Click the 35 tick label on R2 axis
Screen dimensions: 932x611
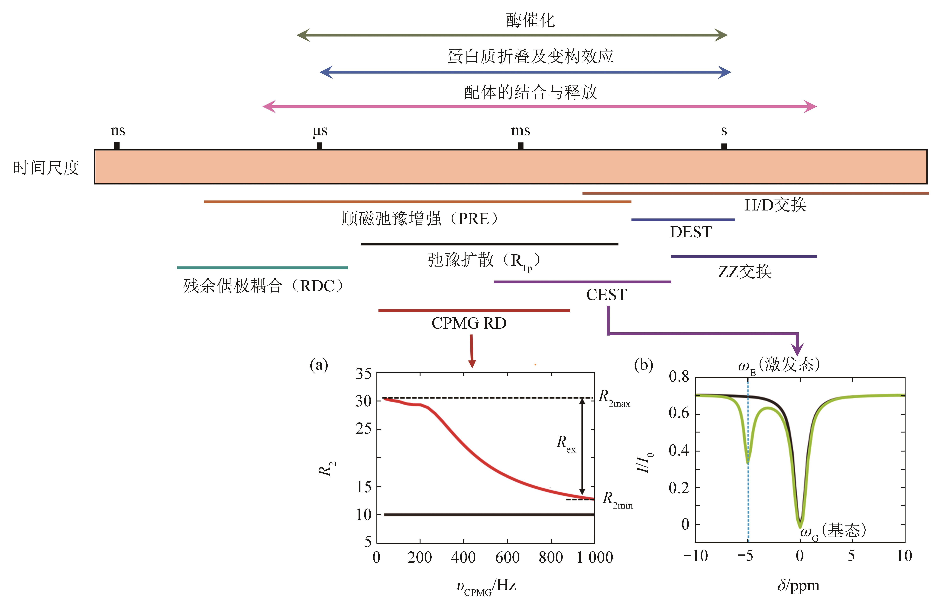point(363,374)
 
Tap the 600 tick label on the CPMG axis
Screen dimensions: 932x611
point(508,557)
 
